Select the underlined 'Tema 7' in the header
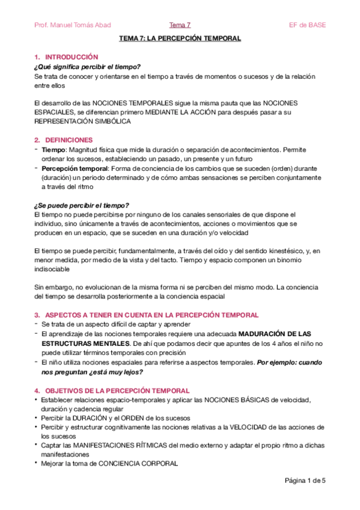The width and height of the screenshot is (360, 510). click(180, 25)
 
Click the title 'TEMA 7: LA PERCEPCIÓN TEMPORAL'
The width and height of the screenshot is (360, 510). click(180, 38)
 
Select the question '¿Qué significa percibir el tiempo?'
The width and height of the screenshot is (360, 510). click(87, 66)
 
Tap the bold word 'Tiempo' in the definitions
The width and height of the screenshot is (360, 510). click(52, 149)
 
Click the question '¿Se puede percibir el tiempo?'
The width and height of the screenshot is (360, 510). click(82, 205)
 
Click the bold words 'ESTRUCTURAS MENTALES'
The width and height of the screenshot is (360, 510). click(79, 343)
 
